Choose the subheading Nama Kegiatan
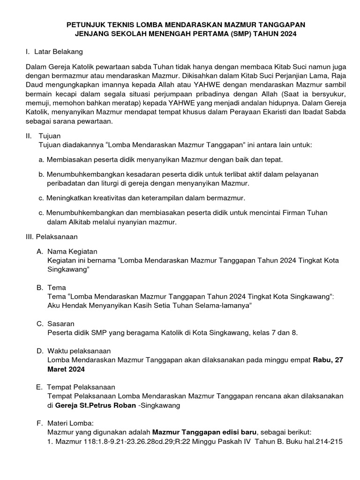(x=73, y=252)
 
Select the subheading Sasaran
(x=61, y=323)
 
